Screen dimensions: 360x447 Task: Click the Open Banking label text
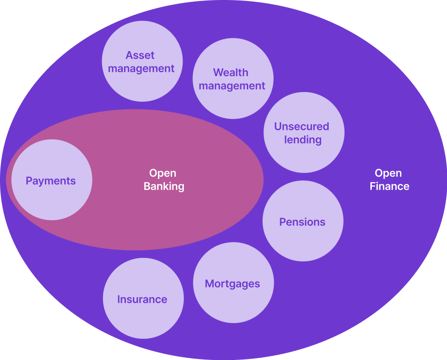tap(164, 180)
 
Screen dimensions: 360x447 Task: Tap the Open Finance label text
tap(389, 180)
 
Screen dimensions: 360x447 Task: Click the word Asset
tap(140, 55)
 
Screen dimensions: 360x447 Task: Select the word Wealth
tap(231, 73)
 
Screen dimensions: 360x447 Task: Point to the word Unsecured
tap(301, 127)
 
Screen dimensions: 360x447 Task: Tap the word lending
tap(303, 140)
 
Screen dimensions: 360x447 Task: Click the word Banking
tap(164, 187)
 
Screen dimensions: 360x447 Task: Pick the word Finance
tap(389, 187)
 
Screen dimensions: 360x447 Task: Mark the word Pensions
tap(302, 222)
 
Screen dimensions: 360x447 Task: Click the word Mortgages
tap(232, 284)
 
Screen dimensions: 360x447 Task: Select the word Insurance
tap(142, 300)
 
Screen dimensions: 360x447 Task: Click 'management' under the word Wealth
tap(232, 86)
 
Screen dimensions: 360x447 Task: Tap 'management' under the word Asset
tap(141, 69)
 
